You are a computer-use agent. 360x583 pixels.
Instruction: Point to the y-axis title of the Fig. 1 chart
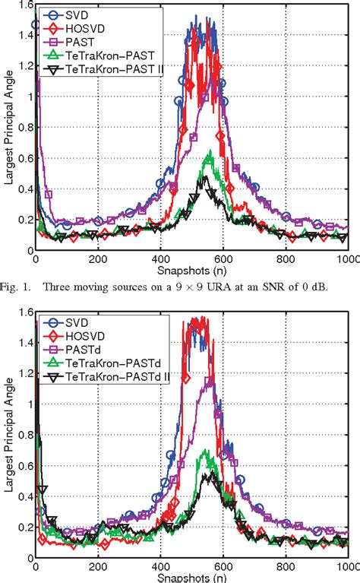click(7, 125)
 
